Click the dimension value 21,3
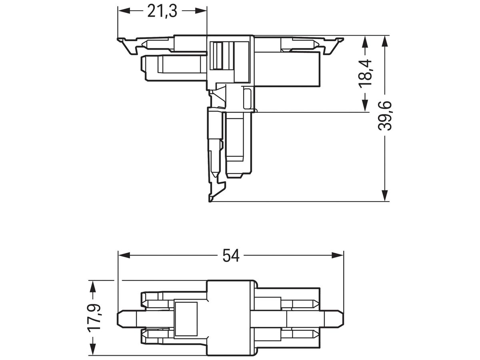162,12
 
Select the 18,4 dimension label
365,72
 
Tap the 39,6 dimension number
385,116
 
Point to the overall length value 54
231,255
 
